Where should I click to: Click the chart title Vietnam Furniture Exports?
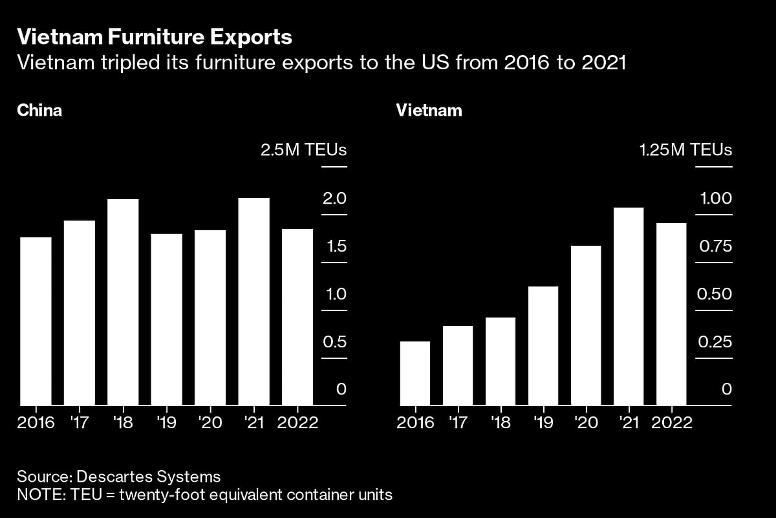(x=155, y=38)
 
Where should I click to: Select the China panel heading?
(x=39, y=110)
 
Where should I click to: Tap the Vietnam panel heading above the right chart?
(x=429, y=110)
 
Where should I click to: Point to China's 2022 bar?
(x=297, y=317)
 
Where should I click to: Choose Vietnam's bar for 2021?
(x=629, y=307)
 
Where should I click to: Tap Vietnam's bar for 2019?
(x=543, y=346)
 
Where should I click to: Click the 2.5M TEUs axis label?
(x=303, y=150)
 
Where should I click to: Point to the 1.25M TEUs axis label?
(x=685, y=150)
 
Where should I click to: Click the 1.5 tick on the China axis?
(x=334, y=246)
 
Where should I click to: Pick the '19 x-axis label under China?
(x=166, y=423)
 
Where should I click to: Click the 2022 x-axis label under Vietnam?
(x=673, y=423)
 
